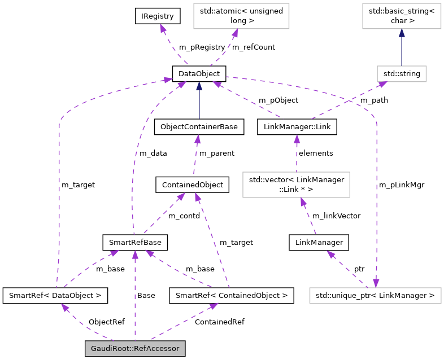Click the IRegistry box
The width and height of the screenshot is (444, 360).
click(x=158, y=16)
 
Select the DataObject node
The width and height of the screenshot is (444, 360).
click(x=199, y=73)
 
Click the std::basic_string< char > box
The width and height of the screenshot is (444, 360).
click(x=401, y=16)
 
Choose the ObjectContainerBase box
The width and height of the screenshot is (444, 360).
click(x=199, y=128)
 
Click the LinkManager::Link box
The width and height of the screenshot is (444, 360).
click(x=297, y=128)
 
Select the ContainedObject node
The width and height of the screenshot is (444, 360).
click(x=192, y=185)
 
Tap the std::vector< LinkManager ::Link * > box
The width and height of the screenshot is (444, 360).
click(x=296, y=185)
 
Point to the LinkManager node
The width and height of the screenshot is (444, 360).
click(x=319, y=243)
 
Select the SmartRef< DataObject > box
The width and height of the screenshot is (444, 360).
click(x=55, y=295)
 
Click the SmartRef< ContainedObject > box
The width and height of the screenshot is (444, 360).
click(x=232, y=295)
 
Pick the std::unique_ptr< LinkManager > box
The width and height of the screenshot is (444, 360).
click(x=375, y=295)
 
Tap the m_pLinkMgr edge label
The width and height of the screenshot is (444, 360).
click(x=402, y=185)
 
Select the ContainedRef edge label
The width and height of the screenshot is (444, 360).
click(x=219, y=322)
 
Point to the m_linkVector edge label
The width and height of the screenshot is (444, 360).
click(x=336, y=216)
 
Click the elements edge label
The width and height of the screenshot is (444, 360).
click(x=316, y=153)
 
